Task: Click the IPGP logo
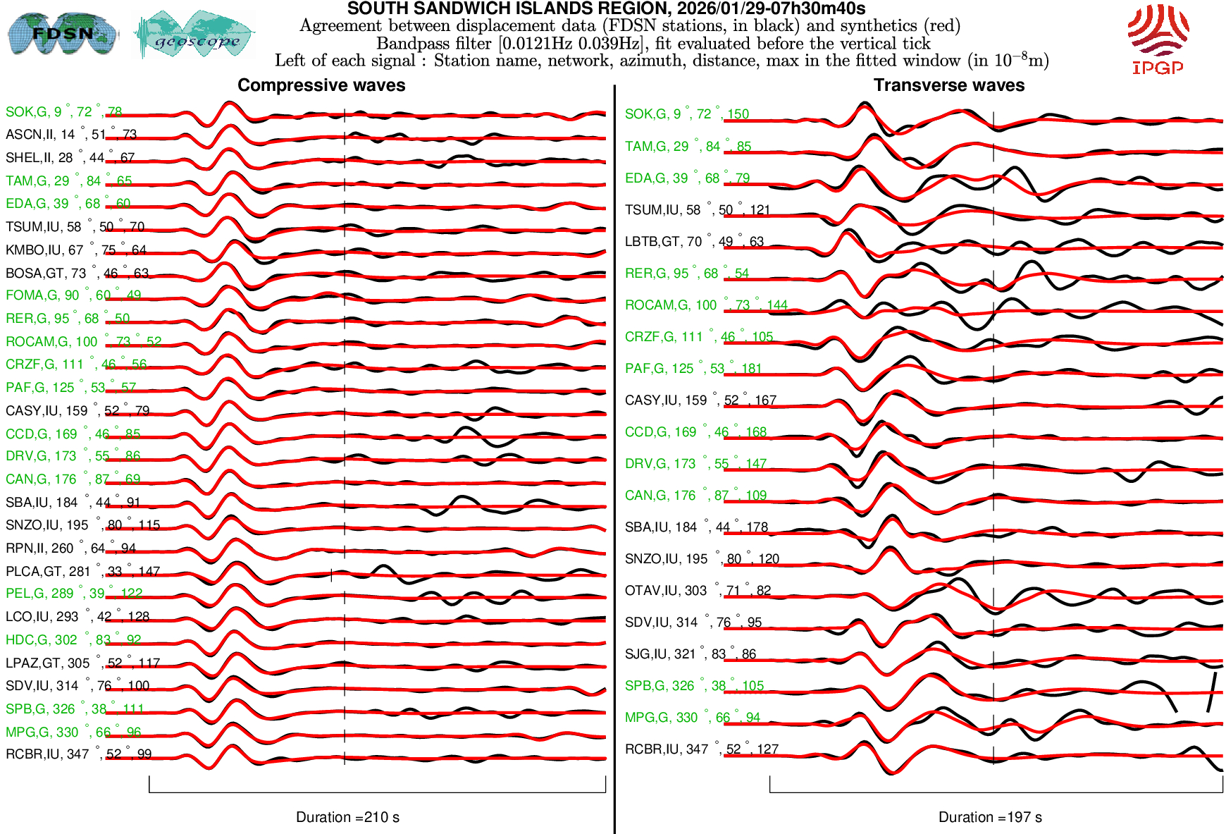point(1158,39)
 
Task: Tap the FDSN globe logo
point(62,33)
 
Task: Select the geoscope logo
point(195,35)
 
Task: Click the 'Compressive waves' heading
point(321,85)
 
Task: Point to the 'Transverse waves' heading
point(948,85)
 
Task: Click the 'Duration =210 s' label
point(347,817)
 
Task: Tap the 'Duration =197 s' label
point(990,817)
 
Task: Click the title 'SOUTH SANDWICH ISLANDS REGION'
point(606,8)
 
